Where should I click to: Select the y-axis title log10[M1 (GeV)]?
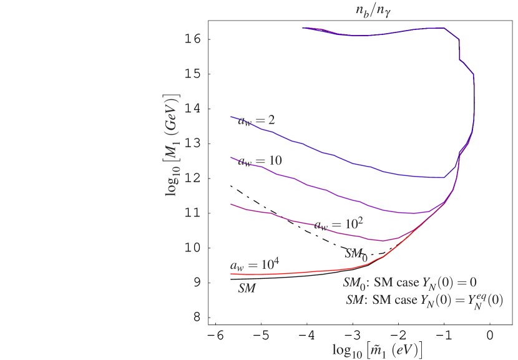pos(173,145)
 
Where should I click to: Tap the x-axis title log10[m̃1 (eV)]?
pos(377,349)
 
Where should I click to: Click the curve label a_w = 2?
pos(257,120)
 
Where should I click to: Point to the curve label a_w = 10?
pos(260,161)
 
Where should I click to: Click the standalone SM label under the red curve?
pos(247,289)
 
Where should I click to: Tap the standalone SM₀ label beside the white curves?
pos(355,253)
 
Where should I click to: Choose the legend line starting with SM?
pos(425,300)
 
